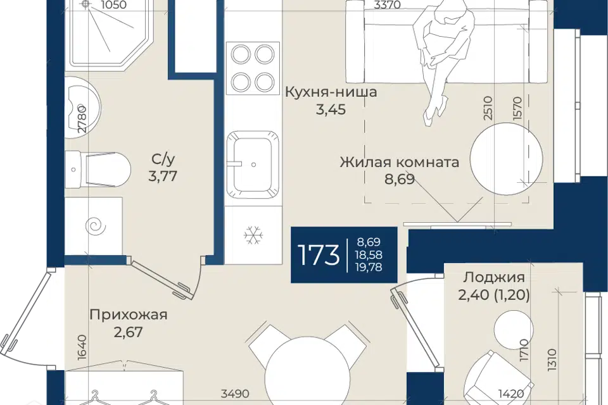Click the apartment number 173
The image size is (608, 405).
pyautogui.click(x=319, y=255)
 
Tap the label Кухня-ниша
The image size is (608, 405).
pyautogui.click(x=331, y=92)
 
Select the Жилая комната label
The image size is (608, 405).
pyautogui.click(x=400, y=161)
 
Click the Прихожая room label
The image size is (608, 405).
pyautogui.click(x=129, y=315)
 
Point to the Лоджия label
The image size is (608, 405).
pyautogui.click(x=494, y=278)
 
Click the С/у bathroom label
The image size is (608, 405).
pyautogui.click(x=163, y=159)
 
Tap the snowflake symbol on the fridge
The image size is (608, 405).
pyautogui.click(x=253, y=235)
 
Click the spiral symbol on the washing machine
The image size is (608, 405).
pyautogui.click(x=95, y=226)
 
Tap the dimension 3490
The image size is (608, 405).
pyautogui.click(x=234, y=394)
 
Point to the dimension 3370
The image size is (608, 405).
pyautogui.click(x=388, y=4)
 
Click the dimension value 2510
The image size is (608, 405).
pyautogui.click(x=488, y=109)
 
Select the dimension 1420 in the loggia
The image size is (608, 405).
pyautogui.click(x=511, y=394)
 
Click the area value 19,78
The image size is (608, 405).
pyautogui.click(x=369, y=267)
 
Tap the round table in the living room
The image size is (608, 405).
pyautogui.click(x=506, y=158)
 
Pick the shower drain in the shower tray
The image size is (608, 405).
pyautogui.click(x=86, y=4)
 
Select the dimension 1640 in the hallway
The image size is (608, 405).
pyautogui.click(x=82, y=347)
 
